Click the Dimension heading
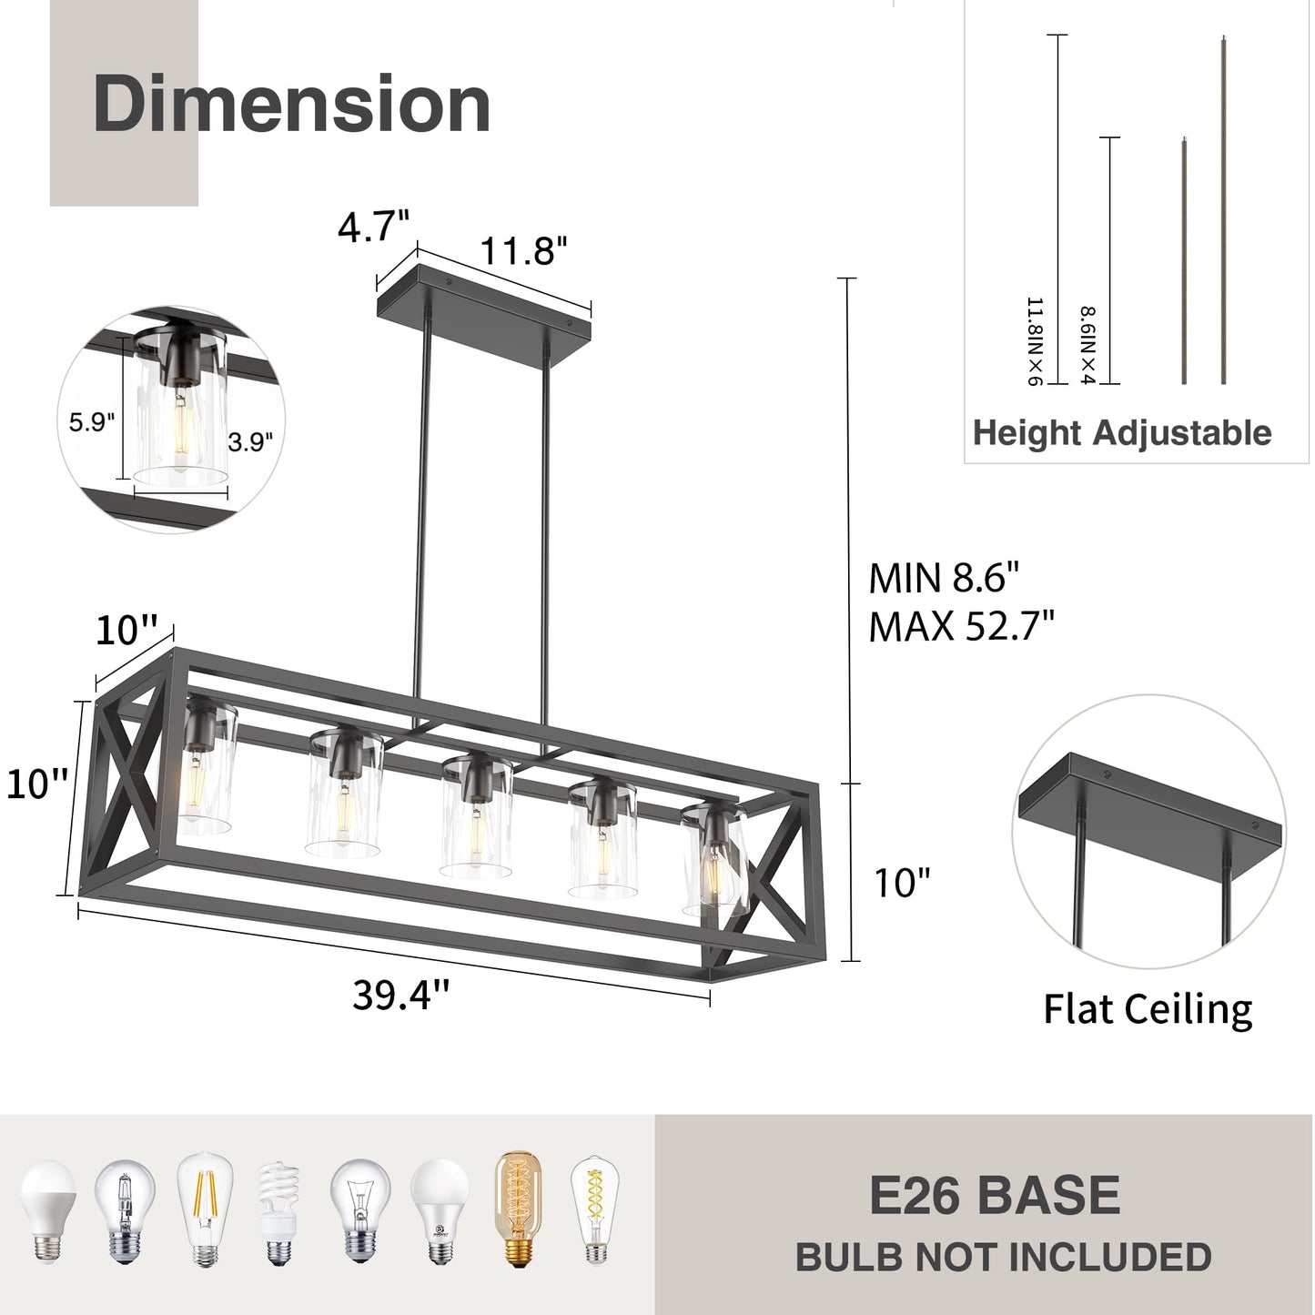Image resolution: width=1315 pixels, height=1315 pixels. click(291, 105)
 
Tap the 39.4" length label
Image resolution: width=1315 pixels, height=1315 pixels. click(401, 995)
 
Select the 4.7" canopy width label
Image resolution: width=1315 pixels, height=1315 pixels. click(373, 226)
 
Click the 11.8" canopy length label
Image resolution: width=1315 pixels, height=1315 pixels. click(523, 250)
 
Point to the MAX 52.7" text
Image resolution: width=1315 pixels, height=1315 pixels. click(961, 626)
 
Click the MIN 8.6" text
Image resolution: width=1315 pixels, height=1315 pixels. click(944, 578)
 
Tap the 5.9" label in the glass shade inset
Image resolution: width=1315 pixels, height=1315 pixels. click(92, 422)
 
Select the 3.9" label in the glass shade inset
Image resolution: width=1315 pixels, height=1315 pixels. click(250, 442)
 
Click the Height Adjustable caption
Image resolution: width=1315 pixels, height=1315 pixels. click(1121, 433)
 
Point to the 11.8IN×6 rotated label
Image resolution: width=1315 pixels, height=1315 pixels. click(1034, 341)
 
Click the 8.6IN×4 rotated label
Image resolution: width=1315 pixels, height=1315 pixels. click(1087, 345)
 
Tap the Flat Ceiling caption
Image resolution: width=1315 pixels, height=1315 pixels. click(1147, 1009)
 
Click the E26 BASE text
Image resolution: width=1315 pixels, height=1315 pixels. click(994, 1196)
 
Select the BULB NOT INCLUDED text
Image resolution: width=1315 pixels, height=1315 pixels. click(1003, 1258)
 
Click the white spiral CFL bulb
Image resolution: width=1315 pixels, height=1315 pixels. click(278, 1213)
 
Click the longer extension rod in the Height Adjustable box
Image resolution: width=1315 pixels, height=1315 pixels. click(1224, 209)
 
